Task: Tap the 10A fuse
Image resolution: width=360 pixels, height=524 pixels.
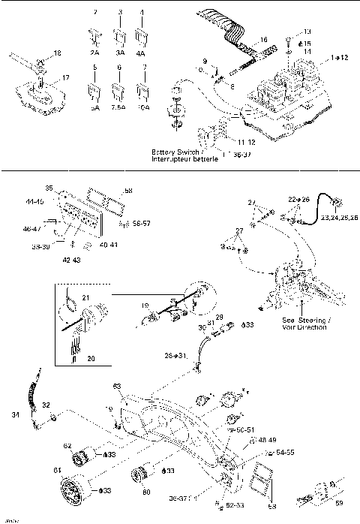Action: [142, 92]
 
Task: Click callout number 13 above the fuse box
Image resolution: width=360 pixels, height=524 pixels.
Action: [306, 32]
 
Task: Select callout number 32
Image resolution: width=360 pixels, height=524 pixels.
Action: [46, 405]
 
